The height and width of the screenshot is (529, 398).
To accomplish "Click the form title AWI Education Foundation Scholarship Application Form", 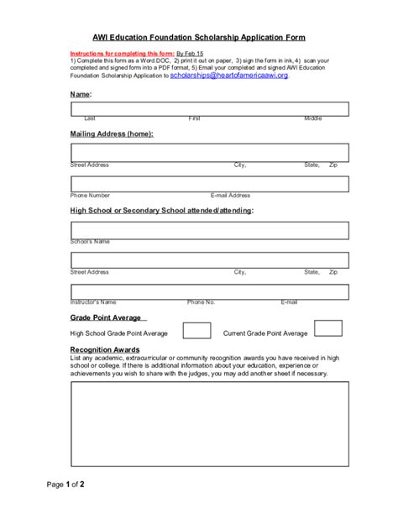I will [x=199, y=38].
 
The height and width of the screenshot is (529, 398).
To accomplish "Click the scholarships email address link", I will [x=228, y=76].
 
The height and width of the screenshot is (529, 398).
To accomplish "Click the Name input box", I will [x=209, y=108].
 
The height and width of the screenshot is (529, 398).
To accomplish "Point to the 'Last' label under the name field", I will [x=90, y=118].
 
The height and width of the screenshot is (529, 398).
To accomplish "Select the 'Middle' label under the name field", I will [x=312, y=118].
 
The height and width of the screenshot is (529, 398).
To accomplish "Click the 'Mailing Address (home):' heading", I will [x=112, y=134].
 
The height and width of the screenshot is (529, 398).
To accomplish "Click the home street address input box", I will [x=209, y=152].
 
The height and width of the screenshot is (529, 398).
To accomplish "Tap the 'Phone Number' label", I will [x=91, y=195].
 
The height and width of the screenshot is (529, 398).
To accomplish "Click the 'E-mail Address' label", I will [x=230, y=195].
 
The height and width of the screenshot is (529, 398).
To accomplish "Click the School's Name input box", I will [x=209, y=230].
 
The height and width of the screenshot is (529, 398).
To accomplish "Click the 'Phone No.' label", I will [x=202, y=301].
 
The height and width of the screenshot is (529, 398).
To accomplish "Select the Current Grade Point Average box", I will [x=328, y=328].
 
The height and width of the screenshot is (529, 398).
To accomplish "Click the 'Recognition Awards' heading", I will [x=105, y=349].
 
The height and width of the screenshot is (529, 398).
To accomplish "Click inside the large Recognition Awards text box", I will [x=209, y=422].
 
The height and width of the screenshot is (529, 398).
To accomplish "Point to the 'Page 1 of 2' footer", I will [x=65, y=484].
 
